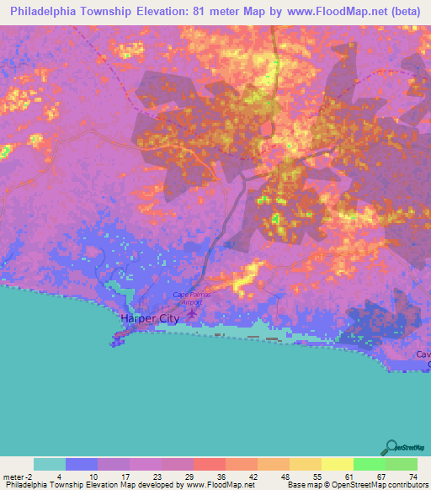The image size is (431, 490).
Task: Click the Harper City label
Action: (x=150, y=319)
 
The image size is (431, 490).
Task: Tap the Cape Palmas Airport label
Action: (x=191, y=296)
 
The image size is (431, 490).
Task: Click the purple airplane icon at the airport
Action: (x=191, y=313)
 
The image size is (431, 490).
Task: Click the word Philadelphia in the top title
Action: (x=50, y=12)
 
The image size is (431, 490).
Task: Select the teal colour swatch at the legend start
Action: (x=50, y=464)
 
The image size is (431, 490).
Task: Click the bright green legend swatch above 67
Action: (x=369, y=464)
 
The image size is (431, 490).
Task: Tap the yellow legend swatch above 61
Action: (x=337, y=464)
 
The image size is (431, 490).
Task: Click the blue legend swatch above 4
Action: (x=82, y=464)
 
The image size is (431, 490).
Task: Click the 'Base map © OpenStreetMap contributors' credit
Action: (x=357, y=485)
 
